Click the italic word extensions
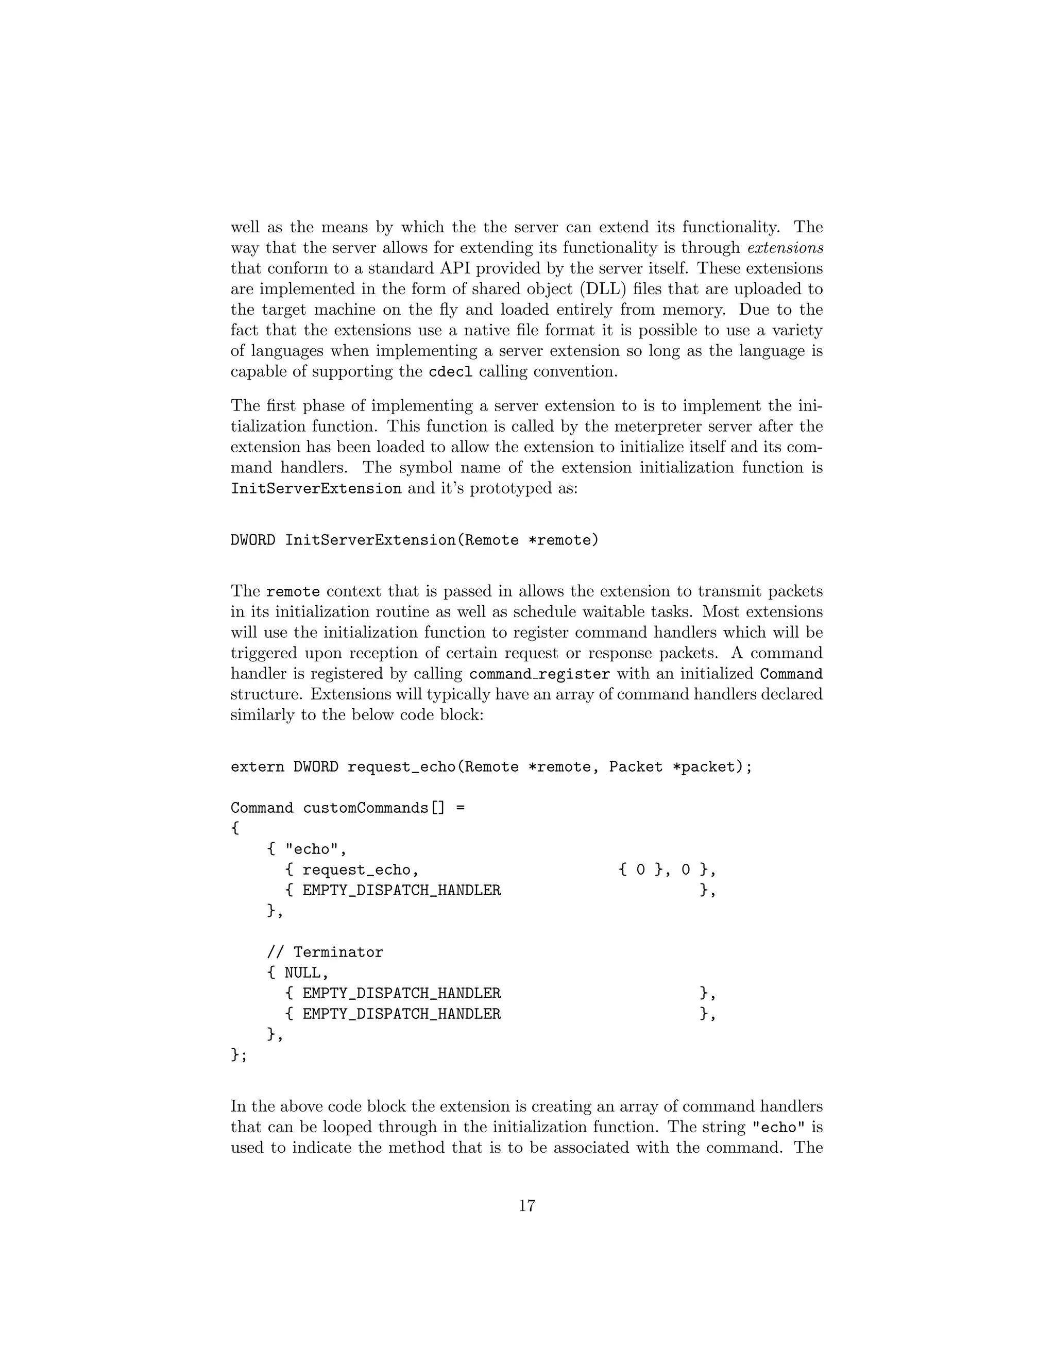coord(785,248)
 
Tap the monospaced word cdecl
coord(450,372)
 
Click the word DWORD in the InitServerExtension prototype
coord(252,540)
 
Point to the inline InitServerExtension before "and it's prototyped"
coord(316,488)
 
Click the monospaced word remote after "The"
coord(293,591)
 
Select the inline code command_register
coord(539,674)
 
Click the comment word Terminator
coord(338,952)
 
